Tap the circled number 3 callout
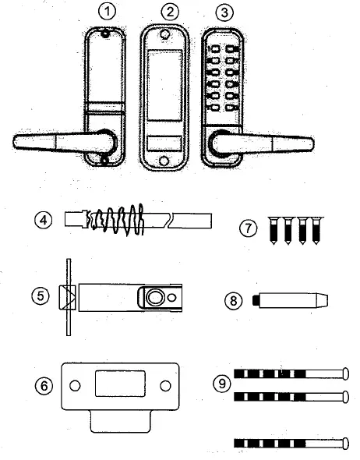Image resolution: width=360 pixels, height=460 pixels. coord(224,12)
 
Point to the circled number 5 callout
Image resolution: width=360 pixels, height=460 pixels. coord(45,296)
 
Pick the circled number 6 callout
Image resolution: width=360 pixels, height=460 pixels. coord(45,386)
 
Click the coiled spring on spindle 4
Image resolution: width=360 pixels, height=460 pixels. coord(116,219)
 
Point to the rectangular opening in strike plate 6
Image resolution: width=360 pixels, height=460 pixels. coord(119,385)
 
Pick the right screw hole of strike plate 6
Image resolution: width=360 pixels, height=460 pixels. coord(164,385)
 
